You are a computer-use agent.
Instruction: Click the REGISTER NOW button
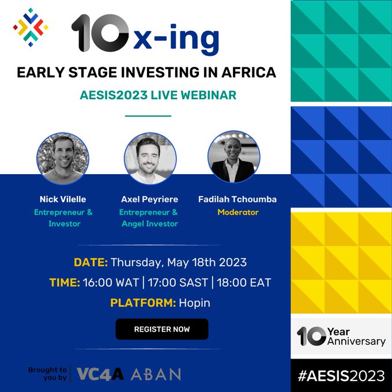[x=162, y=329]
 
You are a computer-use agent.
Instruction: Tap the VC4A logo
[x=100, y=374]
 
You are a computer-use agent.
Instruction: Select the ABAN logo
[x=156, y=374]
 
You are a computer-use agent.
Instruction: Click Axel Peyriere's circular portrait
[x=150, y=159]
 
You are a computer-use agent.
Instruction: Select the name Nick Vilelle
[x=63, y=199]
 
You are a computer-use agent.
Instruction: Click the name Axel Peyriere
[x=149, y=199]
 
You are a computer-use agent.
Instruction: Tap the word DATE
[x=91, y=263]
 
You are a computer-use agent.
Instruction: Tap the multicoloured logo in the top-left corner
[x=31, y=26]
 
